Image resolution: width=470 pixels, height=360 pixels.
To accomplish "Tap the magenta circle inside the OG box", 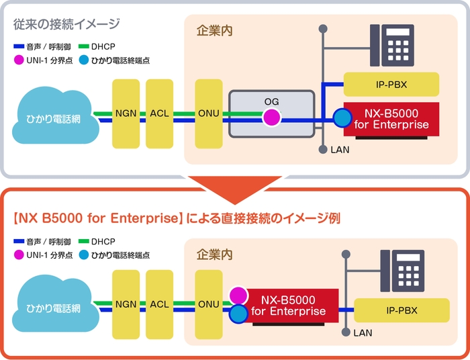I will (271, 118).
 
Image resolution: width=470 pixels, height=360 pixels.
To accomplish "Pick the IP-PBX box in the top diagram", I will (391, 85).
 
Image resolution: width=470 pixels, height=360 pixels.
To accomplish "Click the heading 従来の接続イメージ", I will (66, 25).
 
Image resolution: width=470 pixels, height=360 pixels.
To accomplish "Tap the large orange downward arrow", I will (234, 188).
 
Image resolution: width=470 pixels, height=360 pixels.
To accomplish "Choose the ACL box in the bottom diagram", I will (159, 304).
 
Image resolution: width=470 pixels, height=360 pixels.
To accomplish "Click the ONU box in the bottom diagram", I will (207, 304).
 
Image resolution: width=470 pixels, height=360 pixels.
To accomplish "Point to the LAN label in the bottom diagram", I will (363, 333).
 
